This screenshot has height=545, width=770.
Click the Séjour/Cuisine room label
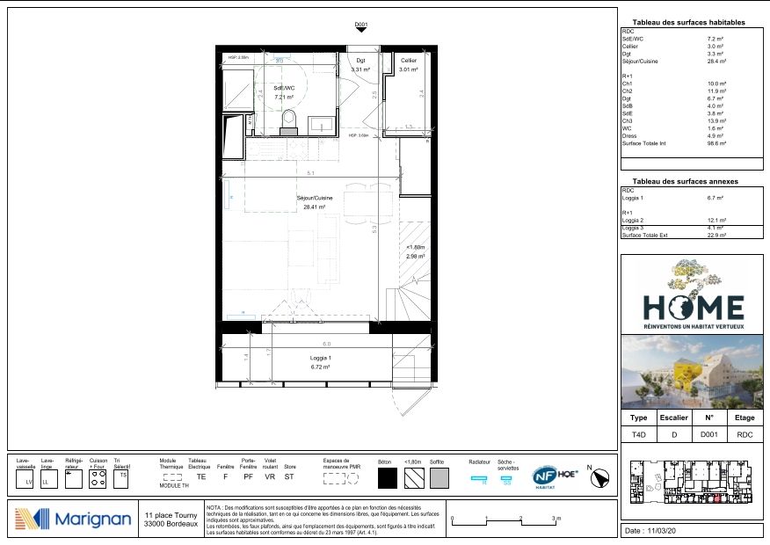click(x=315, y=199)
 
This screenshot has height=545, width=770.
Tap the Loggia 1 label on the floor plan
click(x=319, y=359)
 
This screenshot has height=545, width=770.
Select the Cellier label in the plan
click(x=409, y=60)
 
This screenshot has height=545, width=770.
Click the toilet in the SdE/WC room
click(x=290, y=127)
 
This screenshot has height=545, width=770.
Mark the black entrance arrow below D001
click(x=360, y=31)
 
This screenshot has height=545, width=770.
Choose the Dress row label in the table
click(x=628, y=135)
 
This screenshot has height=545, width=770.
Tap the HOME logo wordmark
click(x=694, y=307)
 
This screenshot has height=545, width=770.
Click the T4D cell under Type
click(x=639, y=434)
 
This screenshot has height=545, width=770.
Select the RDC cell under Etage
click(x=744, y=434)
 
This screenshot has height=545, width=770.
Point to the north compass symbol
click(x=602, y=476)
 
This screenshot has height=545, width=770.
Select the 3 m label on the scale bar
click(x=556, y=519)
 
